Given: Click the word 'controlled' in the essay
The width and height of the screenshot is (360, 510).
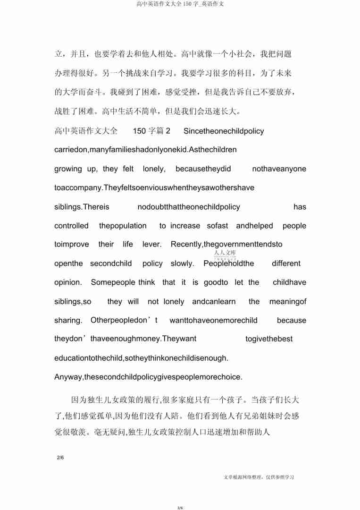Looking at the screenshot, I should pos(71,226).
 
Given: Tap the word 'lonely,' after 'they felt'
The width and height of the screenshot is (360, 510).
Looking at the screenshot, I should pos(154,169).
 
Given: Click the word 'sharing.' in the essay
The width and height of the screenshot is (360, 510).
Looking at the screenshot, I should pos(68,320).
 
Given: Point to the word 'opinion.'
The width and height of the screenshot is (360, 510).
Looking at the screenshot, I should pos(68,282).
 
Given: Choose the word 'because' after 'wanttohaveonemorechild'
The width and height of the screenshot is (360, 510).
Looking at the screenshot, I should pos(291,320).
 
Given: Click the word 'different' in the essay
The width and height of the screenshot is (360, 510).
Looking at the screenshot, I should pos(286,263).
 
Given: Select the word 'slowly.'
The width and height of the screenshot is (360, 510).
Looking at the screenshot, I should pos(182,263).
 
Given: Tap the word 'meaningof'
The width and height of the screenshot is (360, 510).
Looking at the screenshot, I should pos(288,301).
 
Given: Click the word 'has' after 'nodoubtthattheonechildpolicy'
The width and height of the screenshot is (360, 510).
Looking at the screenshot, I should pos(300,207).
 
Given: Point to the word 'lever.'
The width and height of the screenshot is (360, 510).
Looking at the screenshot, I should pos(152,245).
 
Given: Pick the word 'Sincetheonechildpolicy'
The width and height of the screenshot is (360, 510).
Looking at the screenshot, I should pos(224,131).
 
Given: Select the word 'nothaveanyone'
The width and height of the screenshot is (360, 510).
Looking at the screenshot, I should pos(279,169).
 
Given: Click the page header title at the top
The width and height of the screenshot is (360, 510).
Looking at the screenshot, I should pos(180,4).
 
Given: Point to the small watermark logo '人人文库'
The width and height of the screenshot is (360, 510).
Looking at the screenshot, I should pos(221,253).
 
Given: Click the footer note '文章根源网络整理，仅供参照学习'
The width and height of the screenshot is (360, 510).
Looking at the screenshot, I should pos(259,477).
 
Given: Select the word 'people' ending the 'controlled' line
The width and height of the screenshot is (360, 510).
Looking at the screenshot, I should pos(294,226).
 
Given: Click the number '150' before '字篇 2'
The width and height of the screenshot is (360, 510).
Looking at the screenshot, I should pos(140,131).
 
